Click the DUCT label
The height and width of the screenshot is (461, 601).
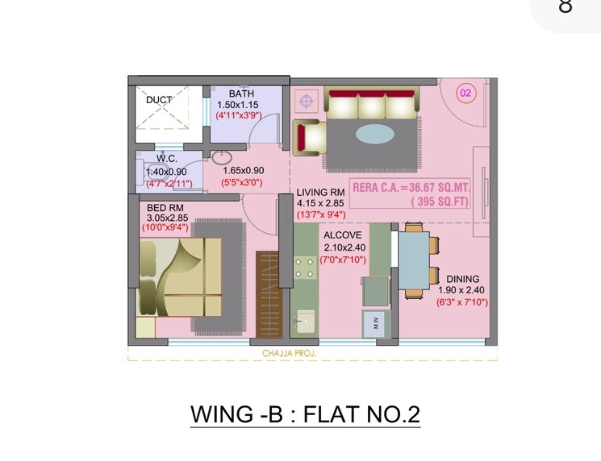coord(159,100)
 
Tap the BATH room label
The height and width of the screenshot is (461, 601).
coord(241,94)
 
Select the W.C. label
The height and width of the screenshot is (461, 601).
coord(166,159)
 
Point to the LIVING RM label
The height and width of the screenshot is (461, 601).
coord(320,192)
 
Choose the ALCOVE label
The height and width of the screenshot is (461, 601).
coord(343,235)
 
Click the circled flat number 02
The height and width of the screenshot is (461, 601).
coord(465,93)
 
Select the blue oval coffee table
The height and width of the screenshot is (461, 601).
coord(376,133)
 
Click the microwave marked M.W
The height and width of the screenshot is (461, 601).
coord(376,325)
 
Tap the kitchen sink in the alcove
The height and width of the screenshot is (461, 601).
coord(304,322)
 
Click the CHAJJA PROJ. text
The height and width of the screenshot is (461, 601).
coord(289,354)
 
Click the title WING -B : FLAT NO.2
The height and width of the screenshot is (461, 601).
coord(305,414)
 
